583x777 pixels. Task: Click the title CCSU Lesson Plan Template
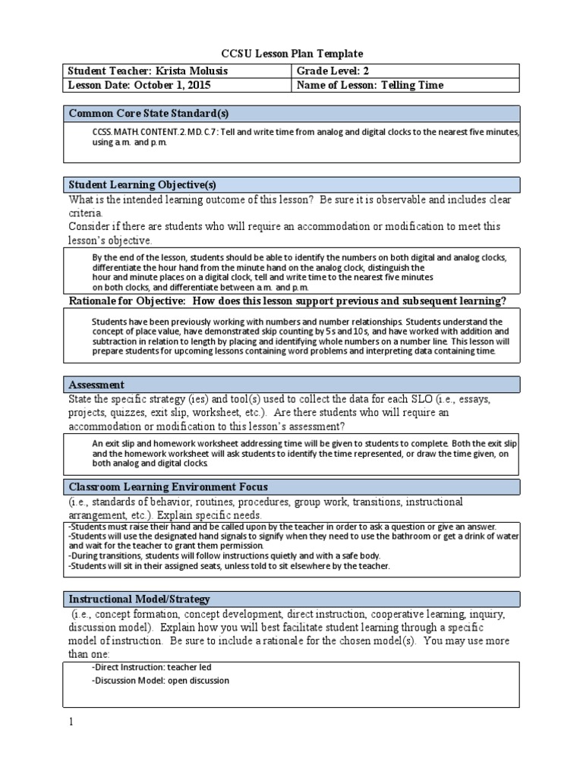[291, 53]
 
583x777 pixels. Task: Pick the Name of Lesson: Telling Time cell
[371, 86]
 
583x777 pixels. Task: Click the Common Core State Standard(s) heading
[148, 114]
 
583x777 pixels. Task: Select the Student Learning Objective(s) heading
[143, 184]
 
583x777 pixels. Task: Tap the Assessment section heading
[96, 385]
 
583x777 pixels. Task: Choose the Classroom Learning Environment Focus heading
[168, 486]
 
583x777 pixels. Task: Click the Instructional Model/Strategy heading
[140, 599]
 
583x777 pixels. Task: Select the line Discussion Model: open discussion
[160, 681]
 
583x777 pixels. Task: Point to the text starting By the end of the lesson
[137, 257]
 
